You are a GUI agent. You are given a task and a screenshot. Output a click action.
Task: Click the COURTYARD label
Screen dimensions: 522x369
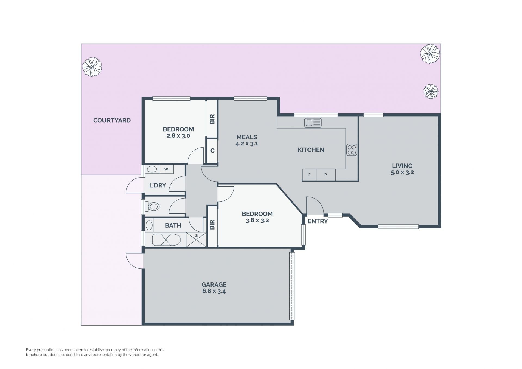pos(112,120)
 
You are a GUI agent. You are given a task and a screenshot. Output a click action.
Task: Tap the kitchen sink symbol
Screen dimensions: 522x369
pos(313,123)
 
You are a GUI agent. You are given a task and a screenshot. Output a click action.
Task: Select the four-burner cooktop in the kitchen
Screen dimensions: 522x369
pos(352,150)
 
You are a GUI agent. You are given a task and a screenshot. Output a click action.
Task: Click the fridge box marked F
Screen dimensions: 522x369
pos(309,175)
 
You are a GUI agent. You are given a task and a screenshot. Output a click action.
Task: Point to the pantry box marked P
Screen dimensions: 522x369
pos(326,175)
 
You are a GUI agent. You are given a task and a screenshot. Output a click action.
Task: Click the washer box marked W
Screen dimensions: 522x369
pos(166,169)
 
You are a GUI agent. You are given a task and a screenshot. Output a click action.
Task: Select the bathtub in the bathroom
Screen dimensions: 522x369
pos(166,240)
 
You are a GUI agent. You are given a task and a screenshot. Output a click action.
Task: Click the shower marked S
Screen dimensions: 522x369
pos(196,240)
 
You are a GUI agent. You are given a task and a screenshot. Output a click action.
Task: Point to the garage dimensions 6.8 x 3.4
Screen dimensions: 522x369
pos(214,291)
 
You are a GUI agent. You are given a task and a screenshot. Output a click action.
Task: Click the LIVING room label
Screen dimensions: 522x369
pos(402,166)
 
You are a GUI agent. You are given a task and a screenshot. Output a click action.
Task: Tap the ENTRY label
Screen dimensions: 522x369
pos(318,221)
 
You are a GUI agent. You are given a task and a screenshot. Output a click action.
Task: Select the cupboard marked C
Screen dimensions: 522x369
pos(212,151)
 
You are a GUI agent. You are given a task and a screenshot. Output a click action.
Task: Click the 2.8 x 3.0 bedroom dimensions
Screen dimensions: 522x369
pos(178,136)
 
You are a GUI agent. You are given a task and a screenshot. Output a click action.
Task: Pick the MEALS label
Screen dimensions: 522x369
pos(247,137)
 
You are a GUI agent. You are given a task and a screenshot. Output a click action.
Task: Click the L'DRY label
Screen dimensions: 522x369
pos(157,185)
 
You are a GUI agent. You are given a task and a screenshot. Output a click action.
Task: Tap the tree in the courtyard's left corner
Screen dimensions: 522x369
pos(92,67)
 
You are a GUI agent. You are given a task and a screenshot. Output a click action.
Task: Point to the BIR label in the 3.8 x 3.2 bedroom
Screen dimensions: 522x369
pos(212,225)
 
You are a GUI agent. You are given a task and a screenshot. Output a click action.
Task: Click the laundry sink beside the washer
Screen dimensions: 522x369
pos(152,169)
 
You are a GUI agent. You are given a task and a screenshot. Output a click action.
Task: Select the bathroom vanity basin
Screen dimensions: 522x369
pos(149,225)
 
